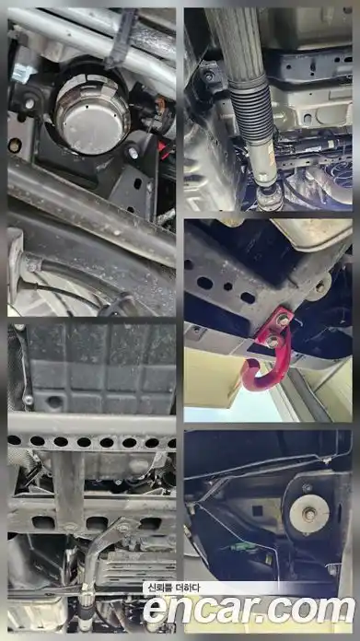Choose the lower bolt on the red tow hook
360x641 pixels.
(x=272, y=342)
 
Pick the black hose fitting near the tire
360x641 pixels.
(x=32, y=264)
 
